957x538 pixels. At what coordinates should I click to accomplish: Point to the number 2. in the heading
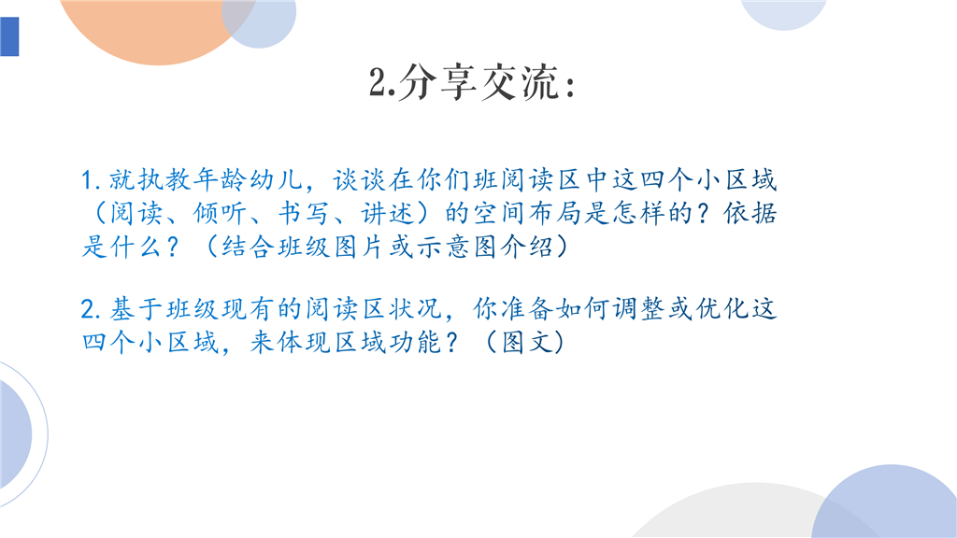click(382, 82)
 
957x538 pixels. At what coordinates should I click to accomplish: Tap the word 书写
click(304, 213)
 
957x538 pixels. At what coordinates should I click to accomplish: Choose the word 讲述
click(387, 213)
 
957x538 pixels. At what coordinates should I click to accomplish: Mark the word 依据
click(750, 213)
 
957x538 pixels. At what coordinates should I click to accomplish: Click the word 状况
click(416, 308)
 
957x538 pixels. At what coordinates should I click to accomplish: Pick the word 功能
click(416, 342)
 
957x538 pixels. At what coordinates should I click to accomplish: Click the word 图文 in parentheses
click(527, 342)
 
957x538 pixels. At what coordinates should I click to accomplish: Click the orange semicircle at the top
click(156, 27)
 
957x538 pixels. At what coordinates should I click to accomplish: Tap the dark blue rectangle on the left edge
click(9, 36)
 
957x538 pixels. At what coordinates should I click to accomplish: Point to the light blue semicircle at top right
click(784, 12)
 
